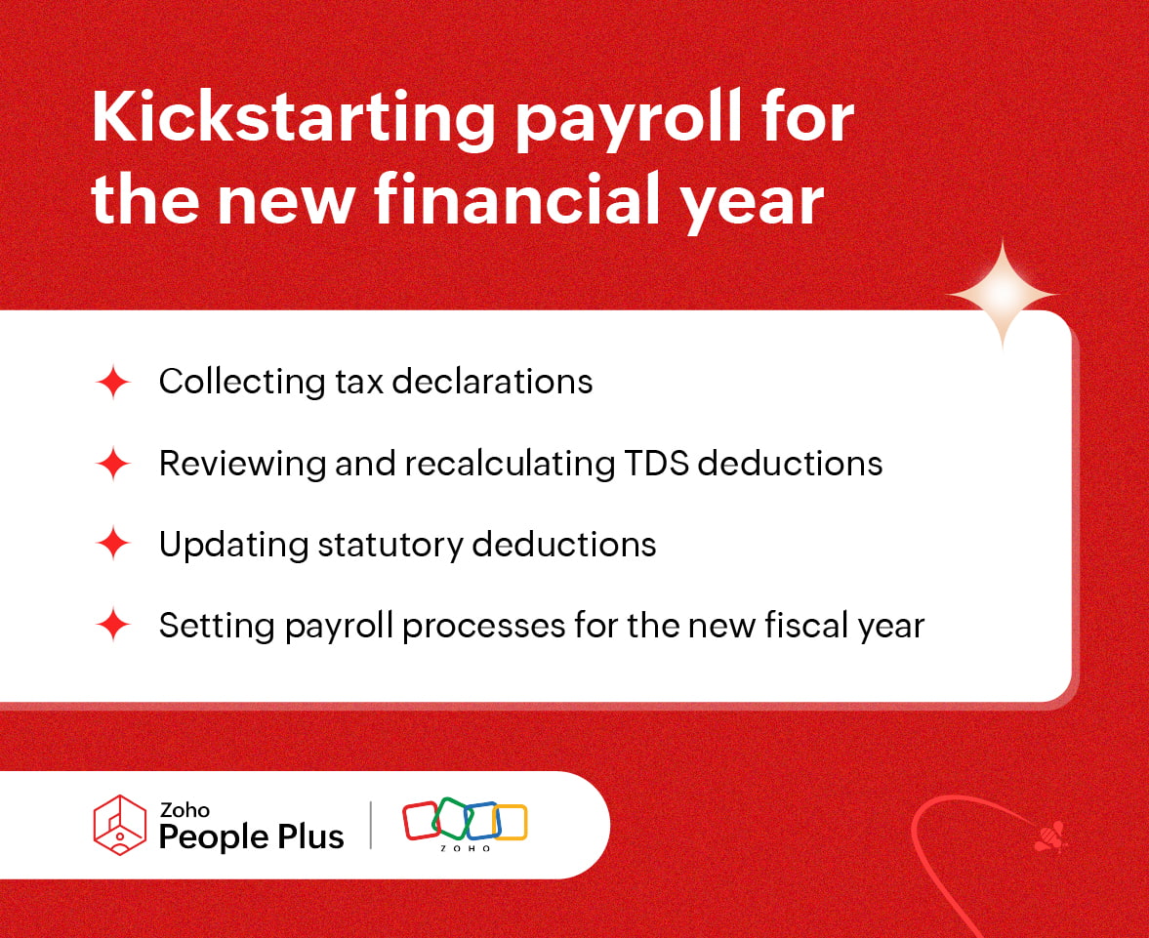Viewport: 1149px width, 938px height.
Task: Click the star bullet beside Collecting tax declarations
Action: coord(113,383)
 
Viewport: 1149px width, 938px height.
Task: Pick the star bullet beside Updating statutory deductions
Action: coord(113,545)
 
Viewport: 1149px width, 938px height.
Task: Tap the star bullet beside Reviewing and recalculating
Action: coord(113,464)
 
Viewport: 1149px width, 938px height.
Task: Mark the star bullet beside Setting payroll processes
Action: coord(113,626)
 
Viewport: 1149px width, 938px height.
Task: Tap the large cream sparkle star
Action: coord(1002,294)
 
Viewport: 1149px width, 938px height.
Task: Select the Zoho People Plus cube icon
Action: coord(119,826)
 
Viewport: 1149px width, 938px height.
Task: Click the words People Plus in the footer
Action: coord(251,836)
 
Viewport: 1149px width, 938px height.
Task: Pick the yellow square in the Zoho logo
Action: coord(511,822)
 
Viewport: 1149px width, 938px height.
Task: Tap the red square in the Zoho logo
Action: coord(421,821)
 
